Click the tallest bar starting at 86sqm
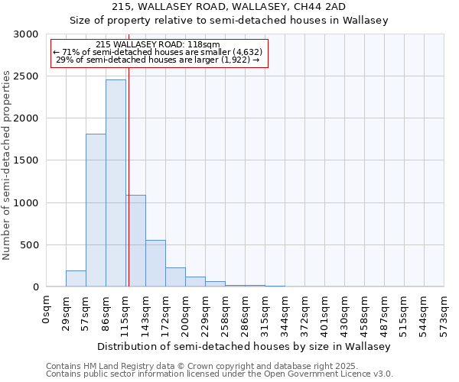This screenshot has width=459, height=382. tap(116, 183)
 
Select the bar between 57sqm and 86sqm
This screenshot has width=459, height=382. tap(96, 210)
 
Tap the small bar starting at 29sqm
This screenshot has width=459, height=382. tap(76, 279)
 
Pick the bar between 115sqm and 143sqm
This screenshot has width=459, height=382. tap(135, 241)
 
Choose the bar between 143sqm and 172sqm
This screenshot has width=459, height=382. tap(155, 264)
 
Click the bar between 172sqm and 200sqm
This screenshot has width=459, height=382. tap(175, 277)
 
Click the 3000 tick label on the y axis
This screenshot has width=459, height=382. tap(26, 34)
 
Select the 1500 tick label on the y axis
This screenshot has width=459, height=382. tap(26, 160)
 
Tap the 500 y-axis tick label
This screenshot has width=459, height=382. tap(29, 245)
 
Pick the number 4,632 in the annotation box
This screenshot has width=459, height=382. tap(249, 52)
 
